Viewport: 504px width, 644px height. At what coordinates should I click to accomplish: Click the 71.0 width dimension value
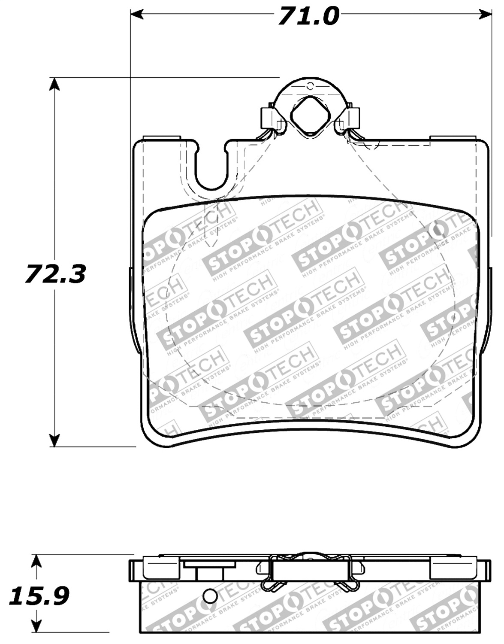308,16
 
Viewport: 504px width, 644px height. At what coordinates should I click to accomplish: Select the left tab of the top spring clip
268,117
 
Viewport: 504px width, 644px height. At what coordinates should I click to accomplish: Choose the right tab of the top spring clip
352,117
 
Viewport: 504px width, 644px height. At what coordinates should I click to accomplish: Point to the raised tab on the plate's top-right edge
453,138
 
